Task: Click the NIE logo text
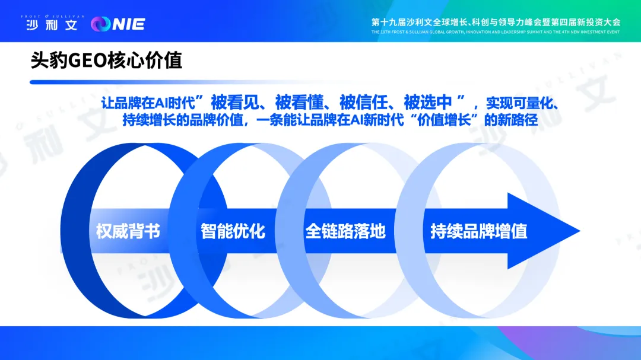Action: tap(129, 24)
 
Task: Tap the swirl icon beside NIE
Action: tap(100, 24)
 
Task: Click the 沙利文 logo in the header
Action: tap(52, 25)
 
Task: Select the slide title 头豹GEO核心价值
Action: tap(106, 60)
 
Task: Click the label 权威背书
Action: tap(128, 231)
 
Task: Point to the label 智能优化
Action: tap(233, 231)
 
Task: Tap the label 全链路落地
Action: tap(345, 231)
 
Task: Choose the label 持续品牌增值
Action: tap(479, 231)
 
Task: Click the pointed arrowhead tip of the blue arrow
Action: tap(580, 231)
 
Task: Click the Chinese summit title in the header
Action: tap(496, 22)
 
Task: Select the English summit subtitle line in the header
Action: tap(496, 32)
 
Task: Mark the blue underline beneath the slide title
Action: tap(164, 82)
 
